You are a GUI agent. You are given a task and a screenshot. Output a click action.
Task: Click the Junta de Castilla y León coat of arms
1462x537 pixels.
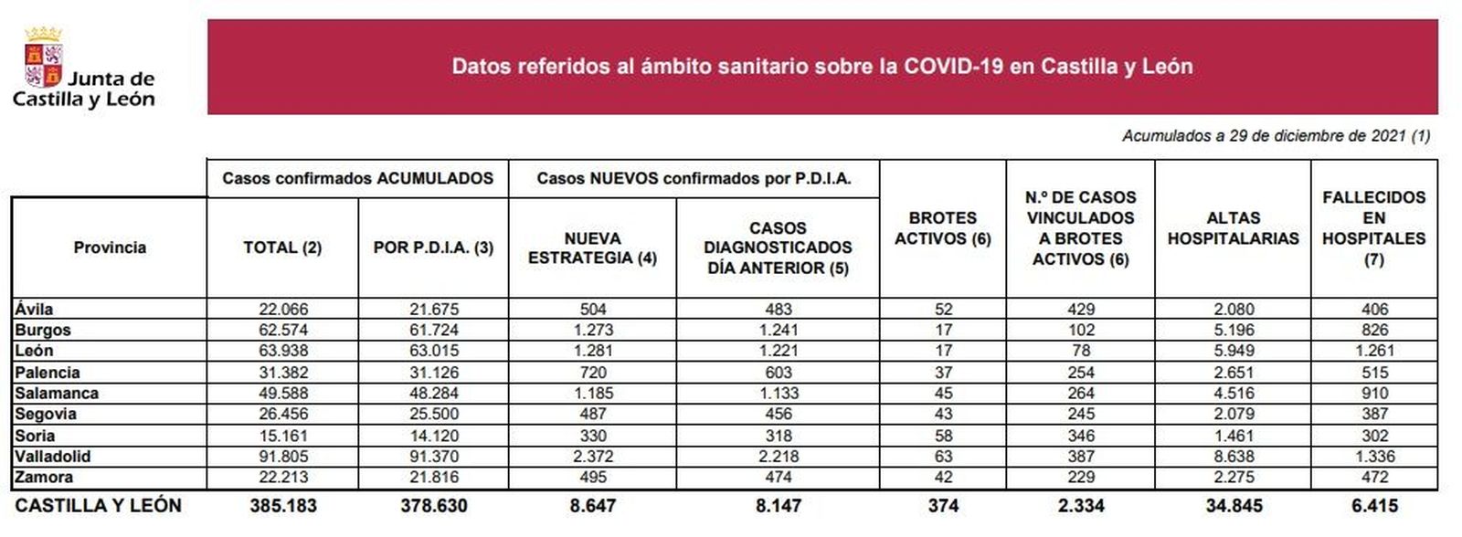click(42, 57)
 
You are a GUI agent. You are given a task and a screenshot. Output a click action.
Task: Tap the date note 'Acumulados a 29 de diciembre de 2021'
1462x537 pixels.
click(1276, 136)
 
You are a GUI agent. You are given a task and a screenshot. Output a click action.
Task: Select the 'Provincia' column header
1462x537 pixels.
click(110, 247)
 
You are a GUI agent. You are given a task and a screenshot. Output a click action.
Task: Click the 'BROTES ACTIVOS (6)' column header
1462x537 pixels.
click(942, 228)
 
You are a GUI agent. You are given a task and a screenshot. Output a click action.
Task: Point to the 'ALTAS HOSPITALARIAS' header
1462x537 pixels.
click(1233, 228)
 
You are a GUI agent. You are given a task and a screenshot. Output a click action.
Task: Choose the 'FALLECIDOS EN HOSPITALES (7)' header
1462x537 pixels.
click(1373, 228)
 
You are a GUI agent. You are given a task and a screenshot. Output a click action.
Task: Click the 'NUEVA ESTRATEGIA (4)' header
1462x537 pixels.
click(592, 248)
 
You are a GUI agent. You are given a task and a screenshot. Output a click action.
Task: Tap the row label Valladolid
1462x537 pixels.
click(53, 457)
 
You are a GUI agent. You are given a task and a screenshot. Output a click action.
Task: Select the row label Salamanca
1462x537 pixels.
click(57, 394)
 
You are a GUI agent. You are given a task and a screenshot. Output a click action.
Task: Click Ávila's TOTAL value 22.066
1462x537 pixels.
click(282, 310)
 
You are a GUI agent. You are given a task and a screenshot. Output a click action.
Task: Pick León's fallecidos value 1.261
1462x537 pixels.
click(1373, 351)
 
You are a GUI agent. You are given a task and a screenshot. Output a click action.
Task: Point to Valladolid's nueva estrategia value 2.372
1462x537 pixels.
click(592, 457)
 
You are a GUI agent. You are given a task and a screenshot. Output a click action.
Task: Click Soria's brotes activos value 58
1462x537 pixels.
click(943, 436)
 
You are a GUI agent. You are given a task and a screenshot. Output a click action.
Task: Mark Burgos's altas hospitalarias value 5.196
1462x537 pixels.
click(1233, 330)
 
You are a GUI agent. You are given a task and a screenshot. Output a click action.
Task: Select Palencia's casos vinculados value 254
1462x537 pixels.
click(1080, 373)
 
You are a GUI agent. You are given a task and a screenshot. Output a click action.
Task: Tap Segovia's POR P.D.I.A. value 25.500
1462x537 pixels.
click(433, 415)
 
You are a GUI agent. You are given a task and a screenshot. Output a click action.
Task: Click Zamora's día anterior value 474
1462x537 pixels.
click(778, 478)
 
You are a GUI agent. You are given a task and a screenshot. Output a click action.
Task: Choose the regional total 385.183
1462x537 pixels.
click(282, 506)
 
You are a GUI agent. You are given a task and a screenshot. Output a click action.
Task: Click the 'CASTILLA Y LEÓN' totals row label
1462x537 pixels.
click(99, 506)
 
